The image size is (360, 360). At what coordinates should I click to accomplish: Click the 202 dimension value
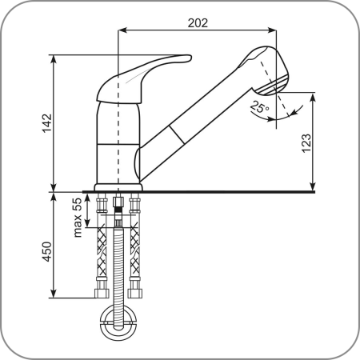tap(198, 23)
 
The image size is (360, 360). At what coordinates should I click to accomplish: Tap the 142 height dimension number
tap(47, 123)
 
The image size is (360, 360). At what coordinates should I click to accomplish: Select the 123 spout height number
tap(306, 143)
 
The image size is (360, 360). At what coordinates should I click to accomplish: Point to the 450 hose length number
tap(47, 251)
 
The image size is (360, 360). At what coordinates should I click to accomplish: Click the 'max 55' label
tap(78, 218)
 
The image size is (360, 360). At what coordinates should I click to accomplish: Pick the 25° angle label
tap(260, 107)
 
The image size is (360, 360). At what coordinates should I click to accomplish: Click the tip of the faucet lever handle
tap(190, 58)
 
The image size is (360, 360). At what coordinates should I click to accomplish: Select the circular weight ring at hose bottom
tap(118, 322)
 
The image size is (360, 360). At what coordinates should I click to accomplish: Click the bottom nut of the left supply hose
tap(102, 294)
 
